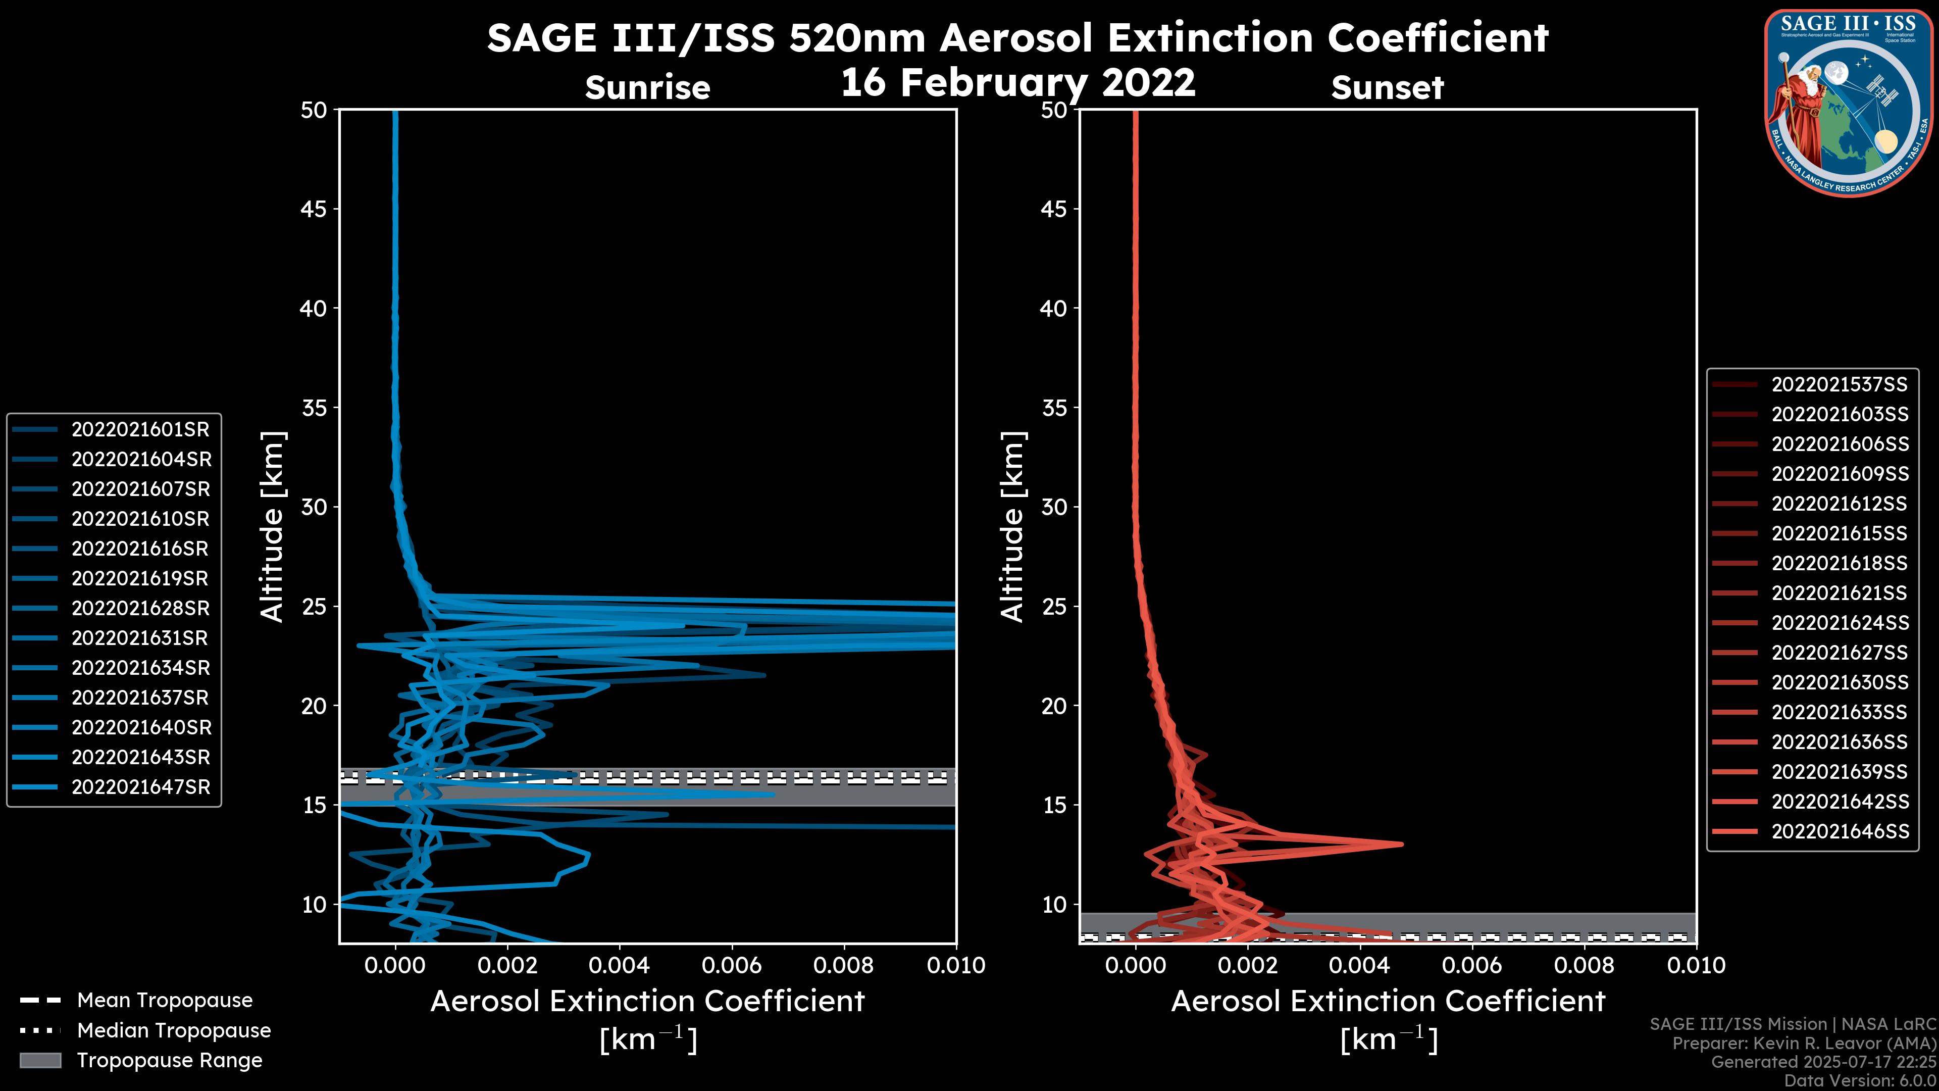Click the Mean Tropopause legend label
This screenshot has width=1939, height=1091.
tap(165, 1000)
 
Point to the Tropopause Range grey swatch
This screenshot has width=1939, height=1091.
tap(40, 1060)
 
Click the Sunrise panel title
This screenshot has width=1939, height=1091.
tap(647, 88)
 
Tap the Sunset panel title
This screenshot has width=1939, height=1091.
tap(1387, 88)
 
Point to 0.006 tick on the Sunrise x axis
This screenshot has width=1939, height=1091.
tap(731, 965)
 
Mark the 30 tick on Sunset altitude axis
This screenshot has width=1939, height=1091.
tap(1054, 507)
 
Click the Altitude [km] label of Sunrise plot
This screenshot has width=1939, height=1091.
tap(273, 526)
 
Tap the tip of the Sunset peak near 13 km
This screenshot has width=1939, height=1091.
tap(1402, 844)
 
